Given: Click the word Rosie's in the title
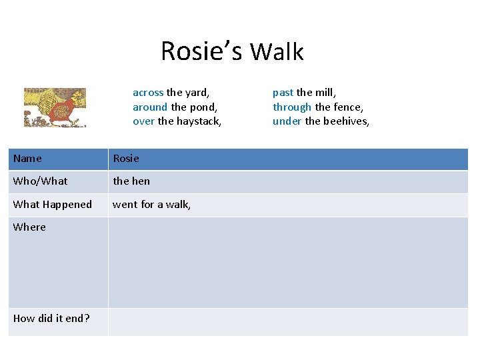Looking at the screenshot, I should click(x=202, y=51).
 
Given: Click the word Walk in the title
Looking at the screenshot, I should click(x=277, y=51).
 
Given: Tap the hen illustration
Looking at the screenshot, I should click(x=55, y=107).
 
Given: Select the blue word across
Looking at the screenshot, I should click(x=148, y=93).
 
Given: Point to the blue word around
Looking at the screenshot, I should click(x=150, y=107).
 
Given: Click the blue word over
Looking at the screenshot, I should click(x=143, y=121).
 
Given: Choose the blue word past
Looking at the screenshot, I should click(x=283, y=93).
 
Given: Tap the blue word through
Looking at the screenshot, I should click(x=292, y=107).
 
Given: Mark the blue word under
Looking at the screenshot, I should click(x=287, y=121).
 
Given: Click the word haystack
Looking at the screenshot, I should click(x=199, y=121).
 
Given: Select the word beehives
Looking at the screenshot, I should click(x=347, y=121).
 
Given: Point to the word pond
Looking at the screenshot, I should click(x=204, y=107).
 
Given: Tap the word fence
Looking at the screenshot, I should click(x=348, y=107).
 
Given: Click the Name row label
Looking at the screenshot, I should click(x=27, y=159).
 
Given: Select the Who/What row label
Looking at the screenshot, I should click(x=40, y=181).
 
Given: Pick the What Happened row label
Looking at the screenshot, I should click(x=53, y=205).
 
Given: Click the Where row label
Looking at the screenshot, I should click(x=30, y=227).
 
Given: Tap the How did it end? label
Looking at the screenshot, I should click(x=51, y=319).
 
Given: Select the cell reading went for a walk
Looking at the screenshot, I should click(x=152, y=205).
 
